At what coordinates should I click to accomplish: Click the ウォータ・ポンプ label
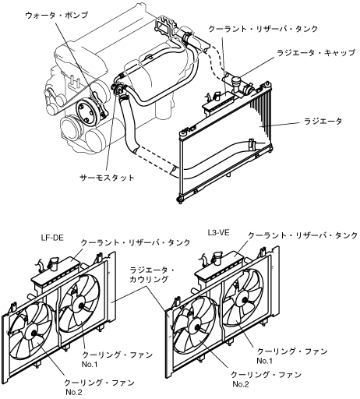(56, 15)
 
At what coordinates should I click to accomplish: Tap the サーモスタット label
(107, 178)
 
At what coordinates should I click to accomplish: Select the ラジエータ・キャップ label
(316, 53)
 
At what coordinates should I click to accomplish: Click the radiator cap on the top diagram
(237, 83)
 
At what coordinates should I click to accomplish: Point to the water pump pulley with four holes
(86, 114)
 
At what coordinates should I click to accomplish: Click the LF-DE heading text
(52, 238)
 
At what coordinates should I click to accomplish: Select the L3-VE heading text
(218, 232)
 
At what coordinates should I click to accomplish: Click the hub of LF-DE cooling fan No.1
(80, 305)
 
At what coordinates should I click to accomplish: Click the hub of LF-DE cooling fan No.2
(33, 333)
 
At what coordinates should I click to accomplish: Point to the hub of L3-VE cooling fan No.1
(244, 300)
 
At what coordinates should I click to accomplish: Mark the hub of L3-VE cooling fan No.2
(196, 328)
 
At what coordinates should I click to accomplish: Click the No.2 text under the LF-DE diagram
(74, 392)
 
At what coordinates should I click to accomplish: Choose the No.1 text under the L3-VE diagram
(264, 361)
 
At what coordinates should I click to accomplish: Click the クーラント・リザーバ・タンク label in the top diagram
(263, 29)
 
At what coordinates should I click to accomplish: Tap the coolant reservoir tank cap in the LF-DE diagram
(54, 263)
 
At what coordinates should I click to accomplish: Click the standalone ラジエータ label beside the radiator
(323, 122)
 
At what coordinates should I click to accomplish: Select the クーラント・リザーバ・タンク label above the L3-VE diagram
(303, 235)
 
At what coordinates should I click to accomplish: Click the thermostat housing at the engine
(118, 89)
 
